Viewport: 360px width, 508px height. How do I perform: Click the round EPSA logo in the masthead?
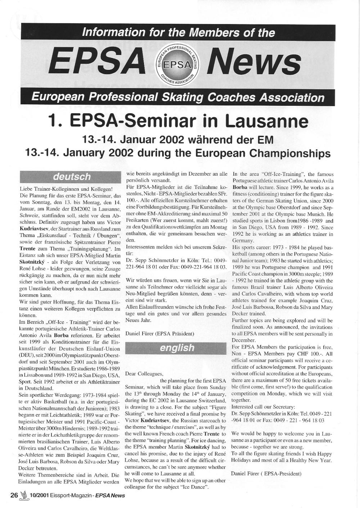coord(176,64)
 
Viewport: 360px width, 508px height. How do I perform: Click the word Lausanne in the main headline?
coord(267,122)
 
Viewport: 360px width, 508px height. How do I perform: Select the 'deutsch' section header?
coord(72,177)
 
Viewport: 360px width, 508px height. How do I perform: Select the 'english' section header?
coord(177,348)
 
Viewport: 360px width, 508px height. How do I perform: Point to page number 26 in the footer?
coord(14,495)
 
